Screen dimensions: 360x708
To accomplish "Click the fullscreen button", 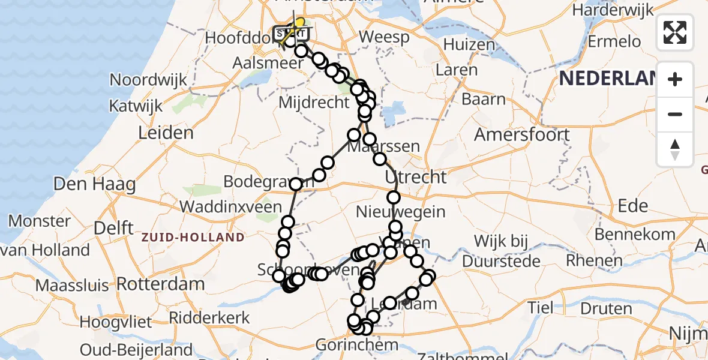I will [675, 32].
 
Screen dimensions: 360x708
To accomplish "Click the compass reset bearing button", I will [675, 149].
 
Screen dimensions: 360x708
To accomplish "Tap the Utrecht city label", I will [416, 177].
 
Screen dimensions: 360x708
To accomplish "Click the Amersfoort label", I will [522, 134].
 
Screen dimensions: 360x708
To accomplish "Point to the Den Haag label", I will [95, 184].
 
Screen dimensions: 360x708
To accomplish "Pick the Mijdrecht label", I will [314, 103].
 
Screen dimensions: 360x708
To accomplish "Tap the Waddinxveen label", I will [231, 207].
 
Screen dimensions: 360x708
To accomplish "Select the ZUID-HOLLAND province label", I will [193, 238].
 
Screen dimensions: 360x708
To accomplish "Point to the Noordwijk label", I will [148, 80].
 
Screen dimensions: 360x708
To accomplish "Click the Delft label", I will [113, 228].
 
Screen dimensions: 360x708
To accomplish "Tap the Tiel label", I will [541, 308].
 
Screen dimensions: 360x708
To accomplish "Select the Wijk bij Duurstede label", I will [502, 251].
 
